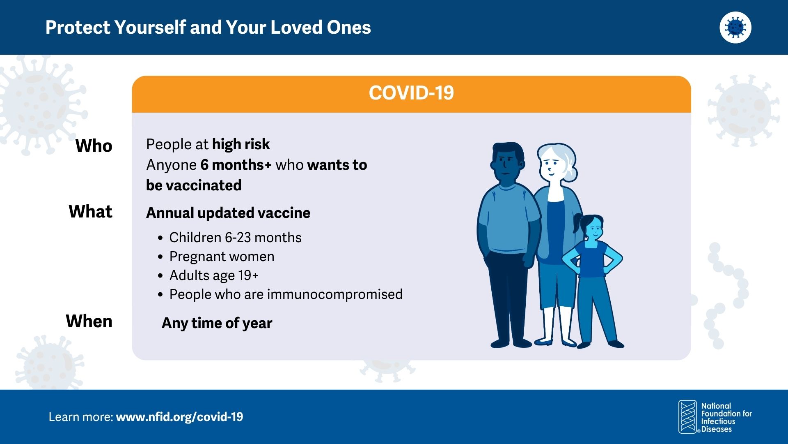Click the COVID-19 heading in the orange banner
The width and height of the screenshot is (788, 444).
click(x=411, y=93)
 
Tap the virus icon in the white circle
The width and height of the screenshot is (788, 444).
click(x=735, y=28)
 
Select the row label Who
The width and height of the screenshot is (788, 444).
click(x=94, y=146)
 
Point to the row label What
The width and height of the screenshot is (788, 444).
click(x=91, y=211)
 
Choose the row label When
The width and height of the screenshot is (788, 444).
click(x=89, y=321)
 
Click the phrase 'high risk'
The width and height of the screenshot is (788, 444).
click(x=241, y=144)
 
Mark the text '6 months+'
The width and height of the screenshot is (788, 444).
click(x=236, y=165)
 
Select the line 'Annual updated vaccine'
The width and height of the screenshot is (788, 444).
click(x=228, y=213)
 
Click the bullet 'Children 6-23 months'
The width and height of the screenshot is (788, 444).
click(x=235, y=238)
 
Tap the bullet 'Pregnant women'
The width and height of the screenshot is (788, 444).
click(x=222, y=257)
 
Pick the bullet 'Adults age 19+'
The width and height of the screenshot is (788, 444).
click(x=214, y=275)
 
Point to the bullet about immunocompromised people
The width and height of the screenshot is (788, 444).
click(x=286, y=294)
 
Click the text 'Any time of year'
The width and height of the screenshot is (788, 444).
click(x=217, y=323)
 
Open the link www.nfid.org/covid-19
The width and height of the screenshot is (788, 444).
click(x=179, y=417)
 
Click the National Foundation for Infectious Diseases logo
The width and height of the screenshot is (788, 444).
click(x=715, y=417)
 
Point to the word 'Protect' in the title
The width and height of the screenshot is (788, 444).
click(x=78, y=28)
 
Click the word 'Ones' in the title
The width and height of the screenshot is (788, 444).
click(x=349, y=28)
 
